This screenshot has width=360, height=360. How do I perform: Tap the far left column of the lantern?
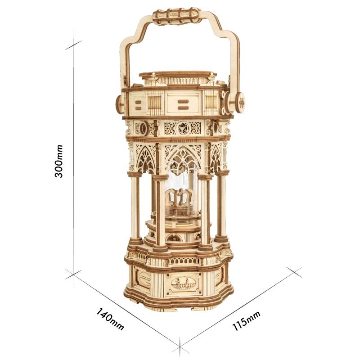[x=134, y=207]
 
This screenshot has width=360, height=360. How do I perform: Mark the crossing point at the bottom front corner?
[x=180, y=346]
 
